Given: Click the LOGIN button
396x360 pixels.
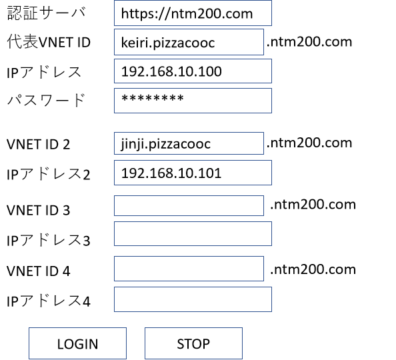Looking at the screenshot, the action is click(77, 343).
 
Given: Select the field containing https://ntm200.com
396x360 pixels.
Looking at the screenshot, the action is click(193, 13).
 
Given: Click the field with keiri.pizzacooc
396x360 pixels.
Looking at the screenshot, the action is click(189, 42).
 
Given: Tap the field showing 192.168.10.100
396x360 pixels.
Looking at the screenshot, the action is click(193, 71).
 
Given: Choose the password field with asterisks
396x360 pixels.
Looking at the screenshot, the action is click(193, 101).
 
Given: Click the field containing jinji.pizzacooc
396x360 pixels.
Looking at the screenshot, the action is click(189, 143).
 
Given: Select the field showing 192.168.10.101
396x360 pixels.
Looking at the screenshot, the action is click(193, 173).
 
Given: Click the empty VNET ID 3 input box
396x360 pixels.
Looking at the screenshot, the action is click(189, 205).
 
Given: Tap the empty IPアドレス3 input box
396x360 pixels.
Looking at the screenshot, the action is click(193, 234).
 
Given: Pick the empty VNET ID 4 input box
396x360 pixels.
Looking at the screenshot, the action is click(189, 269).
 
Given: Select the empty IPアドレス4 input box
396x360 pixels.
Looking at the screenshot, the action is click(193, 299).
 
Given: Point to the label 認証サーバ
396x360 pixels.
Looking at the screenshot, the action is click(47, 13).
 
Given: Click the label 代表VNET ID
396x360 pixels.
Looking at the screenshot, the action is click(49, 42).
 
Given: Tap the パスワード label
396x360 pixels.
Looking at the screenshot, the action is click(46, 100).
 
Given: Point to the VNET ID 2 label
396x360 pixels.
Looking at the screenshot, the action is click(38, 145).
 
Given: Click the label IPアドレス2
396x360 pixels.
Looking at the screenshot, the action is click(48, 174).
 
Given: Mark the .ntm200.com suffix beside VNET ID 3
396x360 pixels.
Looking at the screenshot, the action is click(313, 205).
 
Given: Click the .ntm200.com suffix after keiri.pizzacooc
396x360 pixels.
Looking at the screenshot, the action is click(309, 42).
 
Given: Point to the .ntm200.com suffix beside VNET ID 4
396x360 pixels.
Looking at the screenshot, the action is click(313, 269).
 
